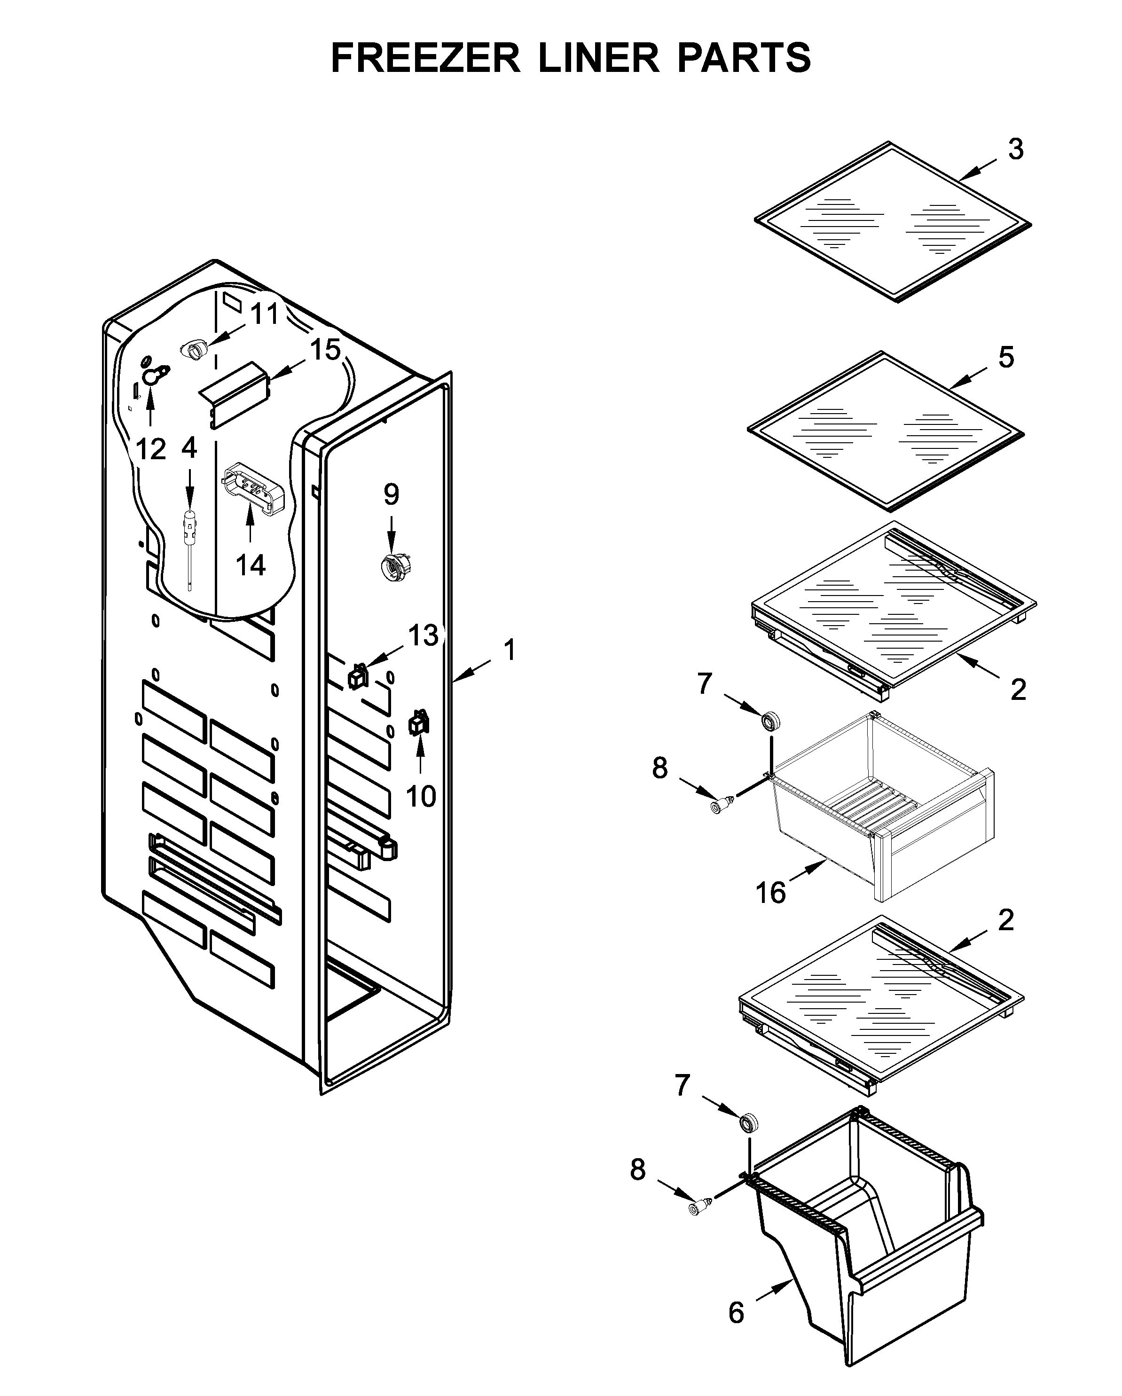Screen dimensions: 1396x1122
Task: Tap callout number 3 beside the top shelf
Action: click(x=1015, y=149)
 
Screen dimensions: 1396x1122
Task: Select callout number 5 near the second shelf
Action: click(x=1005, y=357)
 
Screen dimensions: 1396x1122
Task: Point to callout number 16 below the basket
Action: click(x=770, y=893)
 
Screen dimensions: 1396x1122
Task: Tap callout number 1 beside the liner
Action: click(x=510, y=650)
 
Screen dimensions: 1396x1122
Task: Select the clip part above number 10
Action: click(x=419, y=723)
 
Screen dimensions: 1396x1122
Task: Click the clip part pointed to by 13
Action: click(x=357, y=677)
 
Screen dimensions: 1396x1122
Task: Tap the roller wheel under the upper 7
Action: click(x=770, y=721)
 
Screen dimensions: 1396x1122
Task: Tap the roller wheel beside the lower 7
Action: click(x=749, y=1122)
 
